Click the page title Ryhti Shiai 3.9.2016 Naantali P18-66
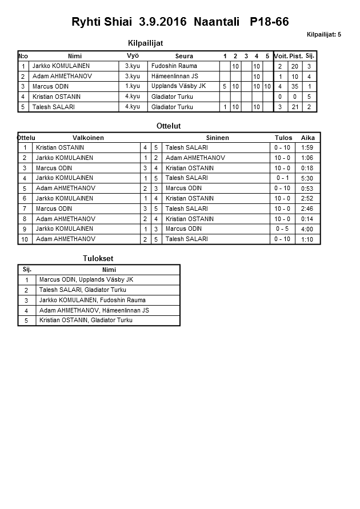point(180,22)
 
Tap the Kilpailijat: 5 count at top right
point(323,35)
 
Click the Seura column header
point(184,56)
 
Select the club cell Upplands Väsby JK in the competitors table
point(178,86)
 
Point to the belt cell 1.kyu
point(132,86)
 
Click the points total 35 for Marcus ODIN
point(295,87)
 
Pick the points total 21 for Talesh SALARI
point(295,107)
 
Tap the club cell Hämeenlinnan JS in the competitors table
point(175,76)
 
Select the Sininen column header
point(217,138)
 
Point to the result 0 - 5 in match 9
point(282,229)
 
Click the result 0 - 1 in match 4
point(282,178)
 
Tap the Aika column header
point(308,138)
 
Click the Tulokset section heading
point(98,259)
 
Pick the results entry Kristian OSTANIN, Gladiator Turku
point(86,320)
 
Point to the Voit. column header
point(280,56)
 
